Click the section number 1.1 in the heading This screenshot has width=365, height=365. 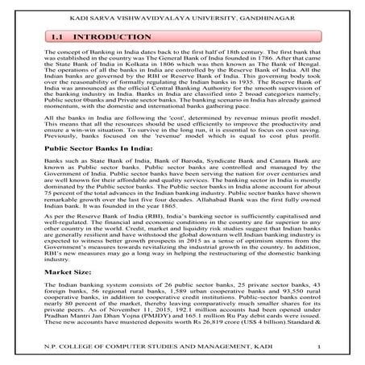click(58, 38)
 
